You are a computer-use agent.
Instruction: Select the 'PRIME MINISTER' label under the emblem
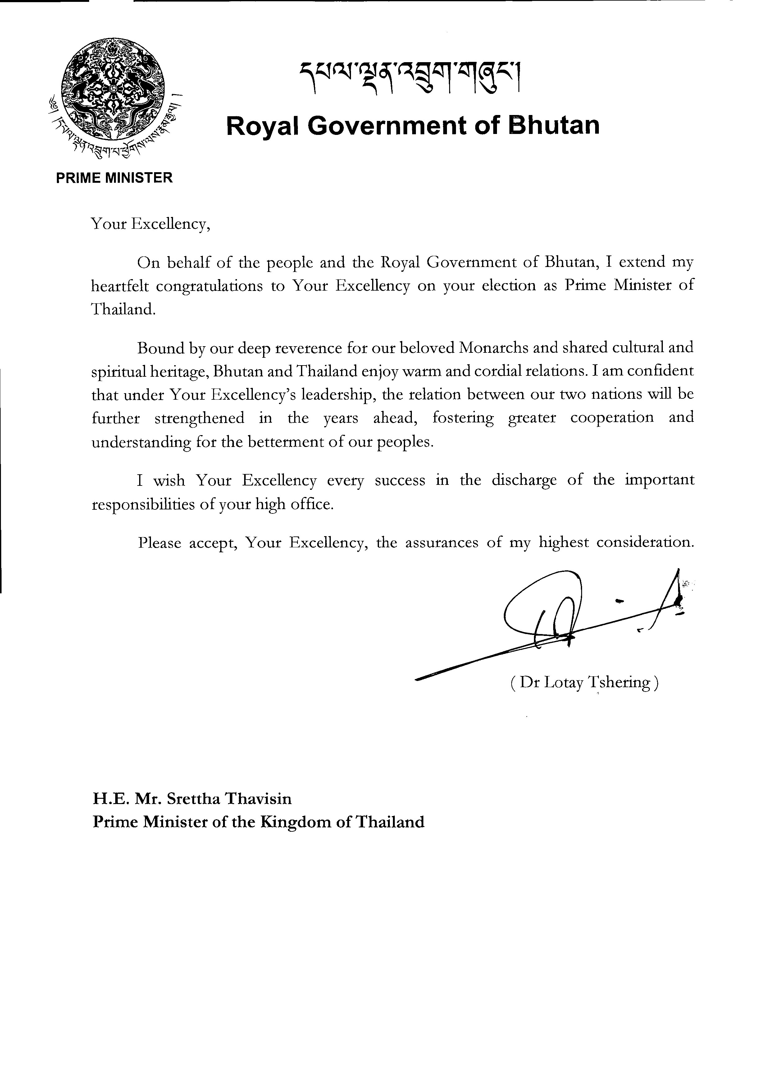[114, 178]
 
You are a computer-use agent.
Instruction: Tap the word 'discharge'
[524, 481]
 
